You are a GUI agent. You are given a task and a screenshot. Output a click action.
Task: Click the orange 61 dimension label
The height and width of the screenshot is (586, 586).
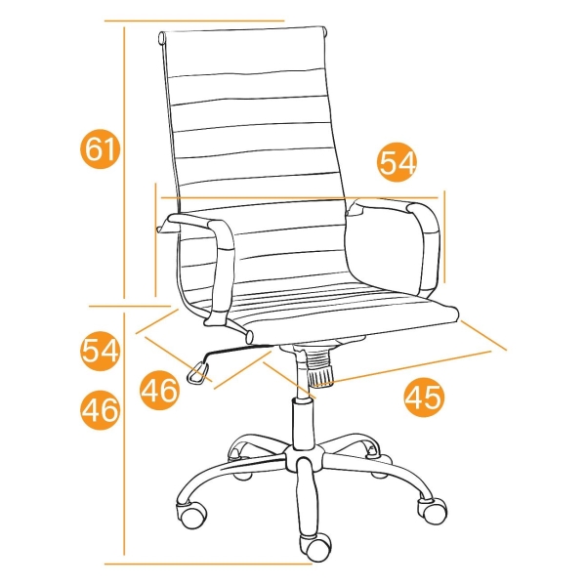[x=101, y=148]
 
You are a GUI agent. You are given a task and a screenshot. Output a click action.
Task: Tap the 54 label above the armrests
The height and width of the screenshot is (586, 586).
[x=397, y=162]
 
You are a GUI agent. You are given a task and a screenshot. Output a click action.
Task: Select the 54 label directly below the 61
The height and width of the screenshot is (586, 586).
[x=101, y=351]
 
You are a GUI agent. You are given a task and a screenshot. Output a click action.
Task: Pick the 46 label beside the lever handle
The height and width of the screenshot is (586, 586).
[x=159, y=390]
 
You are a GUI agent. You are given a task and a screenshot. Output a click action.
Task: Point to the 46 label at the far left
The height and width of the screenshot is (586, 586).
[x=101, y=409]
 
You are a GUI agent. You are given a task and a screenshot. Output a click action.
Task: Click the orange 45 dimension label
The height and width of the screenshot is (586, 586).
[x=424, y=397]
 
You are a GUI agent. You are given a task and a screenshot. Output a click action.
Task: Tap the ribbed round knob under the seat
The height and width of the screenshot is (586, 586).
[x=320, y=369]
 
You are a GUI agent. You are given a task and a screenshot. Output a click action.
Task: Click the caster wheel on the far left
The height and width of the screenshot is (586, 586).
[x=191, y=515]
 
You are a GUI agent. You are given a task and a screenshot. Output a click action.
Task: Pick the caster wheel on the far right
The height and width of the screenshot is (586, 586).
[x=433, y=511]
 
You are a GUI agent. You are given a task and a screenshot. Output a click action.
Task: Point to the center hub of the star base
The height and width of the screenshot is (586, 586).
[x=304, y=457]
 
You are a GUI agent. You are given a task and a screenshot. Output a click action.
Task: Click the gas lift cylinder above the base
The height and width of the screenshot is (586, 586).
[x=303, y=423]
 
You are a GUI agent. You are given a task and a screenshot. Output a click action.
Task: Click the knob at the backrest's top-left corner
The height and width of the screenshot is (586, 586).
[x=162, y=38]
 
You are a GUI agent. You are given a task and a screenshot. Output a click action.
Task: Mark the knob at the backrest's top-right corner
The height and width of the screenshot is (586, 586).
[x=326, y=31]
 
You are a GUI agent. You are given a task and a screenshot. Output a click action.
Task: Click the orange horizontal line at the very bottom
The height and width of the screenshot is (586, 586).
[x=208, y=574]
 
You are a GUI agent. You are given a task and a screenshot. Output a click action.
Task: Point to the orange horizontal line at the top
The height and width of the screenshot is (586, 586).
[x=194, y=21]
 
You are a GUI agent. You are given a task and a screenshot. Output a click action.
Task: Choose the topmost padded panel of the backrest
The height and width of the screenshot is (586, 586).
[x=243, y=53]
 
